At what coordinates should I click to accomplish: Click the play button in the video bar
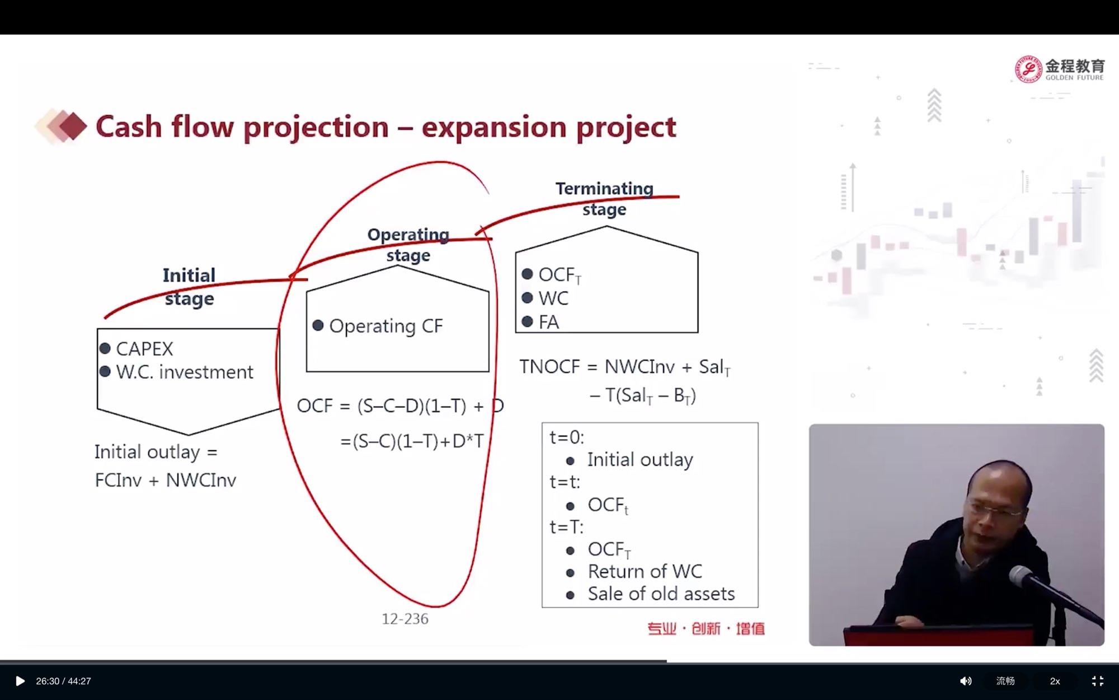[20, 681]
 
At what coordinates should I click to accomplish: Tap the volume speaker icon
[966, 681]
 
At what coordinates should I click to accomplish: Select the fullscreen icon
[1097, 681]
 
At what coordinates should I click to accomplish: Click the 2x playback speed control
[1055, 681]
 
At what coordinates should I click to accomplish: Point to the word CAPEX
[144, 349]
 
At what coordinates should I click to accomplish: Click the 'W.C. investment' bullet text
[185, 372]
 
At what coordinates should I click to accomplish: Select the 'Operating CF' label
[386, 326]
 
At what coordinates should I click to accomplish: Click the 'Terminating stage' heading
[604, 199]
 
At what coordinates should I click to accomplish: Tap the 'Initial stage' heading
[189, 287]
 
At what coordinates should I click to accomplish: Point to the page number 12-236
[405, 619]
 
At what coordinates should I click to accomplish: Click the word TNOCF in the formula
[549, 367]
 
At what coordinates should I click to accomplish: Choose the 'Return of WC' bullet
[645, 571]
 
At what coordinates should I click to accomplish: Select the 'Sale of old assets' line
[661, 594]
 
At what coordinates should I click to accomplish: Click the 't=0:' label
[567, 437]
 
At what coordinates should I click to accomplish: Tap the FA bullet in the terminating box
[548, 323]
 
